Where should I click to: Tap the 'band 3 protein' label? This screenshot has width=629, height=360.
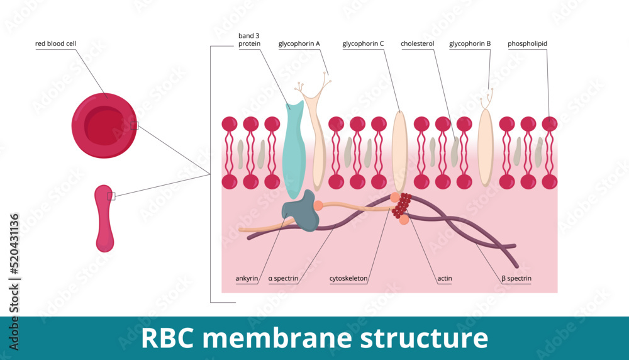point(249,40)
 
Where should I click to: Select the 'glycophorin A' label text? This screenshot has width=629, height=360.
point(299,44)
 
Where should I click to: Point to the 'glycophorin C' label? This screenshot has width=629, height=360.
point(363,44)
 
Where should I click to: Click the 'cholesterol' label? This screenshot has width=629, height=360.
point(418,44)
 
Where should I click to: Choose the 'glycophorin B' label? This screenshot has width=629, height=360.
point(470,44)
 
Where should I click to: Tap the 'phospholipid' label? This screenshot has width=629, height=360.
point(527,44)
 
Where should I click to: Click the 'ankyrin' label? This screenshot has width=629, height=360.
point(246,278)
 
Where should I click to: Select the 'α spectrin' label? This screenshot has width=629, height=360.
point(283,278)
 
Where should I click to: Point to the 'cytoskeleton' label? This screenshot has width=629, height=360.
point(348,278)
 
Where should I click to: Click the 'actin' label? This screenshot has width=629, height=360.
point(445,278)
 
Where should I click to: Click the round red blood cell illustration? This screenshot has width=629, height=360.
point(104,125)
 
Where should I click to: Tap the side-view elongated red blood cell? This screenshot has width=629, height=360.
point(104,217)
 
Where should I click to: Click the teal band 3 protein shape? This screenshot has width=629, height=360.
point(294,151)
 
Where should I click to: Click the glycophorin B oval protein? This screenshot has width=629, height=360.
point(485,147)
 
